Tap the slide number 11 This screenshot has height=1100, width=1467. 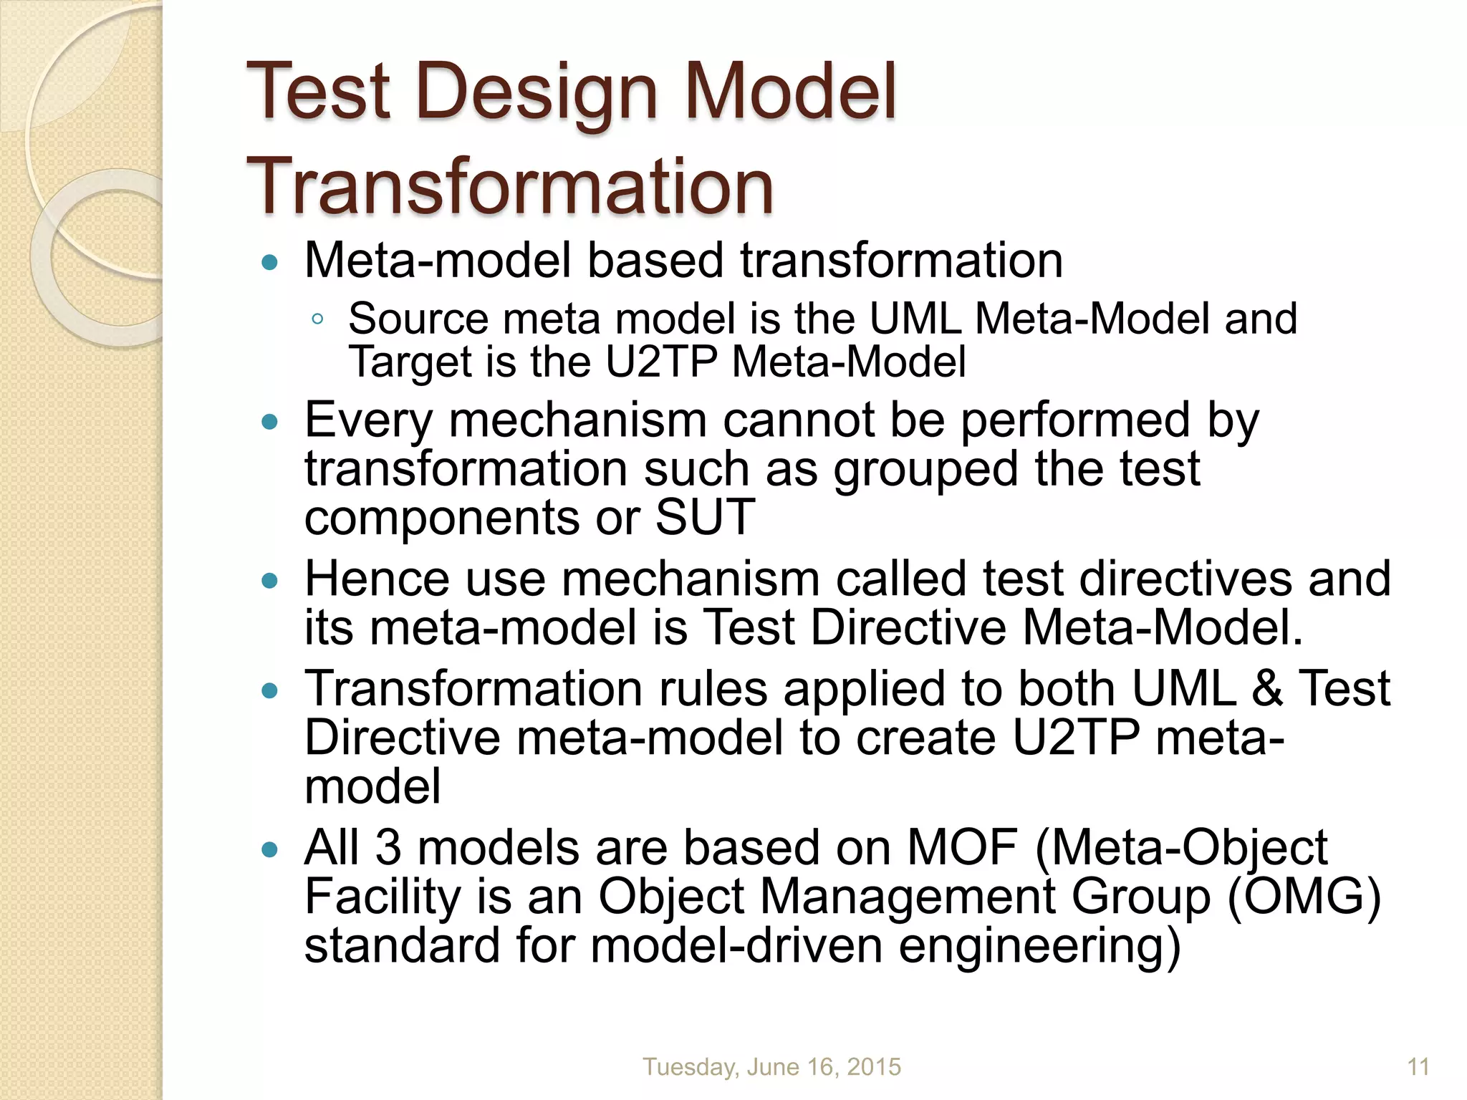click(1418, 1067)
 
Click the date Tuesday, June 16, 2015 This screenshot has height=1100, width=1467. click(771, 1067)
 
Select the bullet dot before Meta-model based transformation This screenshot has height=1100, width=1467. click(270, 263)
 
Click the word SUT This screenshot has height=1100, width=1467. click(705, 517)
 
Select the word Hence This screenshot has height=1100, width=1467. click(377, 579)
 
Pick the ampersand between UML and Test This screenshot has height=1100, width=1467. click(1267, 689)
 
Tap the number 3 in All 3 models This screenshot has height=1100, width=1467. click(388, 847)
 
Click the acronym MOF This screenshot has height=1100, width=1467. click(963, 847)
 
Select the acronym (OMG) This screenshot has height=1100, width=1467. click(1304, 897)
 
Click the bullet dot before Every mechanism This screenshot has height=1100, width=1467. click(270, 423)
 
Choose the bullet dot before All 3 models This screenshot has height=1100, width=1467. click(270, 850)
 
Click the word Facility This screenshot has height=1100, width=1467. click(382, 897)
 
